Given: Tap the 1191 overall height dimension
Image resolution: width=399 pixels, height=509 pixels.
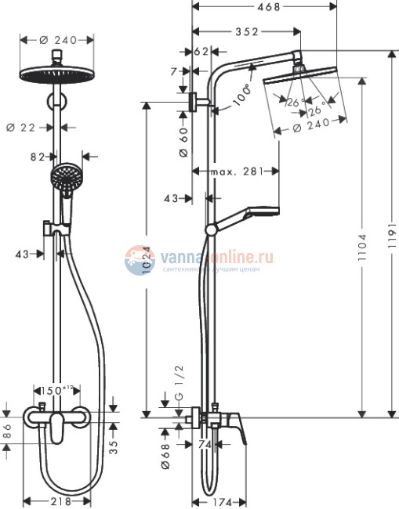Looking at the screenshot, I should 392,230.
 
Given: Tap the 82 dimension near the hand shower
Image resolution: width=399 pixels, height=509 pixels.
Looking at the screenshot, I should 37,157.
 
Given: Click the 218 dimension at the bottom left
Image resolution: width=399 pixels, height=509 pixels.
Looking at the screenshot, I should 59,501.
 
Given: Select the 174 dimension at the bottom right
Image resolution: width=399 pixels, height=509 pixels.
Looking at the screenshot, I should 219,501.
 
